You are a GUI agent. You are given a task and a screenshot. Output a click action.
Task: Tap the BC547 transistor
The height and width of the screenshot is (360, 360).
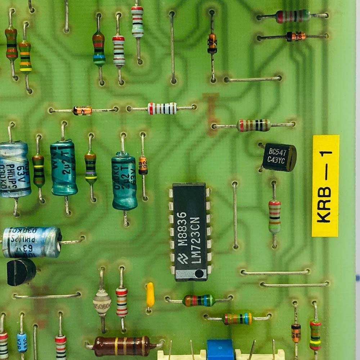pos(279,157)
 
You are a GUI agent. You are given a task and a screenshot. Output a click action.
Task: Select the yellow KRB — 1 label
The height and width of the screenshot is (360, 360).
pos(325,186)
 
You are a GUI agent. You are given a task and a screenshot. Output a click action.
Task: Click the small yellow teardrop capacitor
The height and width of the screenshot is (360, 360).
pos(150,294)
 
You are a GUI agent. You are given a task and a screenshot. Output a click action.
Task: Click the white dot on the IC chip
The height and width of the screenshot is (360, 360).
pos(199,274)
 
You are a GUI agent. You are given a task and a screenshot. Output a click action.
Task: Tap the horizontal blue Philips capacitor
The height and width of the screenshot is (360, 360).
pos(32,242)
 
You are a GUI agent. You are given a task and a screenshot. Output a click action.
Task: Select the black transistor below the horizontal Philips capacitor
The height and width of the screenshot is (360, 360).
pos(21,272)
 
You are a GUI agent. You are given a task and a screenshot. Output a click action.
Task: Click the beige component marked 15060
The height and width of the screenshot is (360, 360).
pos(102,302)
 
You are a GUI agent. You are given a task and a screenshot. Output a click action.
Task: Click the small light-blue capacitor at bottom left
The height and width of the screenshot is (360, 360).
pos(22,342)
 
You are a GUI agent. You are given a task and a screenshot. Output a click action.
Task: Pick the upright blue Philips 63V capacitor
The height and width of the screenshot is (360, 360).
pos(14,169)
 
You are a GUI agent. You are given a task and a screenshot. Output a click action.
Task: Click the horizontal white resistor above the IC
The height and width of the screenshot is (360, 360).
pos(162,108)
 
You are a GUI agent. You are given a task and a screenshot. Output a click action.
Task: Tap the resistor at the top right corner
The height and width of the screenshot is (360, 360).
pos(293,16)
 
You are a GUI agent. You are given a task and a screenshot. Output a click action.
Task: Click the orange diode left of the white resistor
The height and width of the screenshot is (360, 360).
pos(83,111)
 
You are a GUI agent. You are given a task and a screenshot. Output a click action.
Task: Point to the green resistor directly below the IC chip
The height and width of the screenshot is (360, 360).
pos(199,300)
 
